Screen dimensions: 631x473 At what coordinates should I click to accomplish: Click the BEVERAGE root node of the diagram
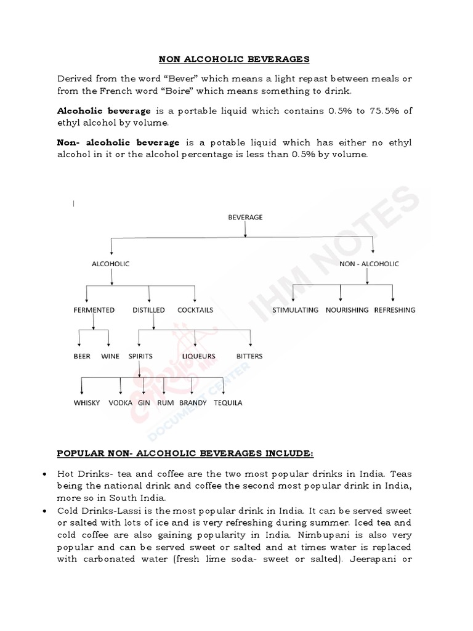(246, 218)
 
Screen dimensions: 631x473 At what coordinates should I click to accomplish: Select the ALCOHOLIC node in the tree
(111, 264)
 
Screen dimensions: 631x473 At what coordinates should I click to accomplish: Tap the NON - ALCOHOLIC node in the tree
(369, 264)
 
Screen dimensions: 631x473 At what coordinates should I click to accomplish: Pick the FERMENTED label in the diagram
(94, 310)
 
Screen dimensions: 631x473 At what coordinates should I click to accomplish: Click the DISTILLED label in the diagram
(148, 310)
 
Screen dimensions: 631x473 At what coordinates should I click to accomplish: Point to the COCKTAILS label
(195, 310)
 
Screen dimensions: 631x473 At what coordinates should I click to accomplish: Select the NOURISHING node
(347, 310)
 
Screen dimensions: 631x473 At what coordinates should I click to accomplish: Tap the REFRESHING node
(395, 310)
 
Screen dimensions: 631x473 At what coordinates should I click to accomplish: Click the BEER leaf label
(82, 356)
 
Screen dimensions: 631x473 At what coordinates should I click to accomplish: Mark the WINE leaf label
(110, 356)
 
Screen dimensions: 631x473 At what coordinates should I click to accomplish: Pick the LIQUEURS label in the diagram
(198, 356)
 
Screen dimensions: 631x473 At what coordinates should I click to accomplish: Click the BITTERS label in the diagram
(249, 356)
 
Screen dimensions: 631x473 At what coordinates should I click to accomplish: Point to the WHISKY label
(87, 403)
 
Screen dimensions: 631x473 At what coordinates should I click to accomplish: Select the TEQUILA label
(228, 403)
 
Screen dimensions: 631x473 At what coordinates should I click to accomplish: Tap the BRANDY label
(193, 403)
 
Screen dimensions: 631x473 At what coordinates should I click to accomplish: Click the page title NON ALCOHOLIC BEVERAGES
(235, 59)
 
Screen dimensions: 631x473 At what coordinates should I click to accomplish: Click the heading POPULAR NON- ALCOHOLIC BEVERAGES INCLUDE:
(185, 454)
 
